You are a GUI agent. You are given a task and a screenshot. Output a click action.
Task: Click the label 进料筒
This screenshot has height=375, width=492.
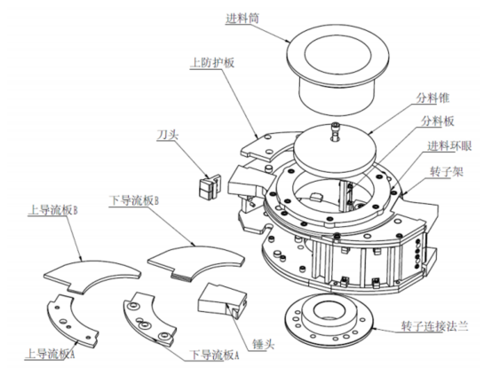pos(242,19)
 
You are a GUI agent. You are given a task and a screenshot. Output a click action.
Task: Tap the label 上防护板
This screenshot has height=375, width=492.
pos(212,63)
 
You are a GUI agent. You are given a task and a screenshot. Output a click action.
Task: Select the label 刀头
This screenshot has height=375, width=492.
pos(168,135)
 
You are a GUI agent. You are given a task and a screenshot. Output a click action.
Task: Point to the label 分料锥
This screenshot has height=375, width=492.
pos(432,98)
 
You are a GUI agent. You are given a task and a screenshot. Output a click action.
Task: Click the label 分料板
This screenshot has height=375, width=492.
pos(438,121)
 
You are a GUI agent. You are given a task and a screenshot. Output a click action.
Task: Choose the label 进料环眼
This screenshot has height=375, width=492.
pos(449,146)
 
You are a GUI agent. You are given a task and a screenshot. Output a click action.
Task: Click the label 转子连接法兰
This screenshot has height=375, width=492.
pos(435,326)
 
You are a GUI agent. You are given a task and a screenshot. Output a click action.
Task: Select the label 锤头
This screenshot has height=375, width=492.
pos(264,344)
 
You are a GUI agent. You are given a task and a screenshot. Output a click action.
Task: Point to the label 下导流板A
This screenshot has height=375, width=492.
pos(214,355)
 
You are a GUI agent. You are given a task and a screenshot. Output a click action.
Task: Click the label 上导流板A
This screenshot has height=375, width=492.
pos(50,354)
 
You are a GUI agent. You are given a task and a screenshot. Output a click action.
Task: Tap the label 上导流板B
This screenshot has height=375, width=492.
pos(52,210)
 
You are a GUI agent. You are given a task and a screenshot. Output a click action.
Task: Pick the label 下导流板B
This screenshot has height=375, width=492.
pos(134,200)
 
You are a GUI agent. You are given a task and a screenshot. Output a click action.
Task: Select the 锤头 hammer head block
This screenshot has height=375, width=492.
pos(222,301)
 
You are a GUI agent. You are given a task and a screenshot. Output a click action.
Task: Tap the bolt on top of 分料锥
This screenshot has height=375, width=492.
pos(335,131)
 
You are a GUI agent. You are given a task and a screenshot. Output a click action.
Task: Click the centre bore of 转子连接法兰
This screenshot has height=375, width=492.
pos(329,309)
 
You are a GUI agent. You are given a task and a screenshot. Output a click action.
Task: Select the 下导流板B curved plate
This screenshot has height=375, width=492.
pos(196,261)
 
